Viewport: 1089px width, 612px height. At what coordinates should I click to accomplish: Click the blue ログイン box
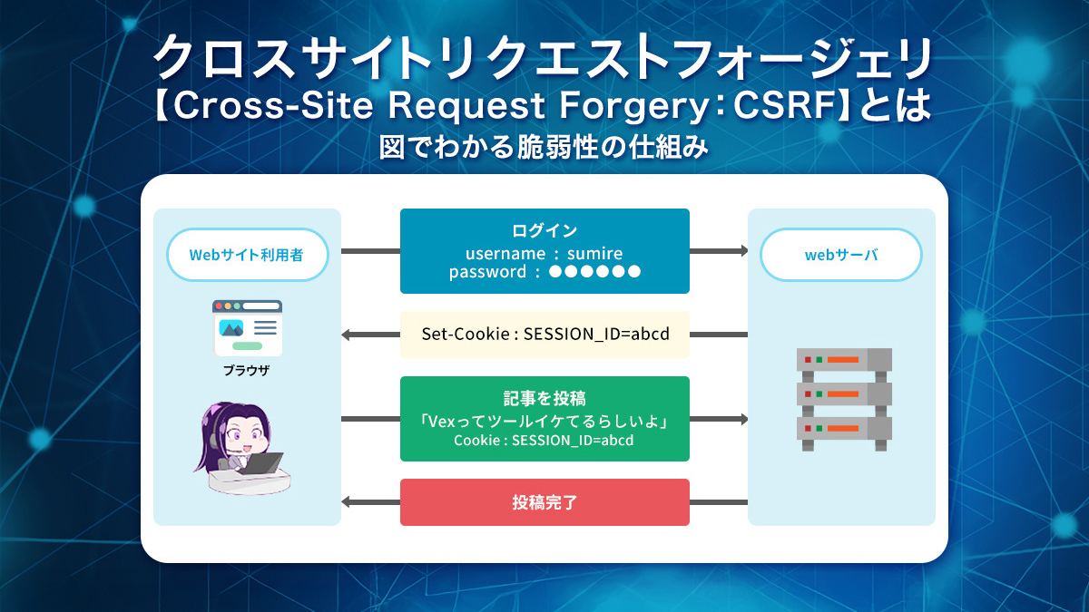[544, 250]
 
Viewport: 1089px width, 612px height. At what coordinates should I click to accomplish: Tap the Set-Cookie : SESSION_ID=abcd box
[544, 334]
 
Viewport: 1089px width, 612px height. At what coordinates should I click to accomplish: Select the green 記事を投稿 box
[544, 418]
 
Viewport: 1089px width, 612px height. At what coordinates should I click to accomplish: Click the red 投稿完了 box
[544, 501]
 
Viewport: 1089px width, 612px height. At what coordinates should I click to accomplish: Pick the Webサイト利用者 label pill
[247, 255]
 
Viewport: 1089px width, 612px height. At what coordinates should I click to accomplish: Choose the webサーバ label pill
[841, 255]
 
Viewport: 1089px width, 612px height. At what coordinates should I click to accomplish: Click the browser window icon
[247, 327]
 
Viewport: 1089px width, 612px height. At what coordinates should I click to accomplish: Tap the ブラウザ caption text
[247, 371]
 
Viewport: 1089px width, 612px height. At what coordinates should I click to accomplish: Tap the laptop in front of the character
[259, 463]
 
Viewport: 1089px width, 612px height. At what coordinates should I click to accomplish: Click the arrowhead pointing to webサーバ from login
[743, 250]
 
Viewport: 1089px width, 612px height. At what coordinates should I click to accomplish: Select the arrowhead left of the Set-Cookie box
[346, 335]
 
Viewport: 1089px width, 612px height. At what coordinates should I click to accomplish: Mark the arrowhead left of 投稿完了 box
[346, 502]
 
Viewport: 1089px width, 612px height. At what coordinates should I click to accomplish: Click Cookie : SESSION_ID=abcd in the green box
[544, 441]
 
